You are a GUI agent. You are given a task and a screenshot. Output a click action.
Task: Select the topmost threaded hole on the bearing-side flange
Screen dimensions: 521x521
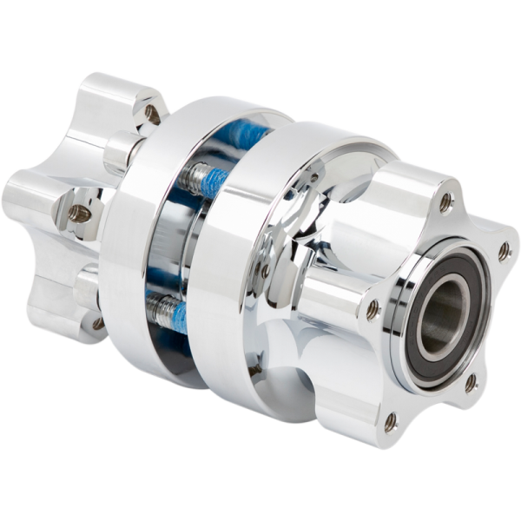[445, 203]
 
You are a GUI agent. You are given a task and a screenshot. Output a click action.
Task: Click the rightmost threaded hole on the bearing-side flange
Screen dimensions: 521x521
[504, 253]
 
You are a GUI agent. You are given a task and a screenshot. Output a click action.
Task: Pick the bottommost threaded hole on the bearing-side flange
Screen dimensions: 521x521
[390, 421]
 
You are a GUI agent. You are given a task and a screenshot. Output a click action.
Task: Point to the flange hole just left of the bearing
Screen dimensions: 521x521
[373, 307]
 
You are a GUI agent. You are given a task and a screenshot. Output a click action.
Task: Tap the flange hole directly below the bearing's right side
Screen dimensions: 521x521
[470, 382]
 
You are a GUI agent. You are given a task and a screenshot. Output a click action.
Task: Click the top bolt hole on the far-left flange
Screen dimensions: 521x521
[152, 112]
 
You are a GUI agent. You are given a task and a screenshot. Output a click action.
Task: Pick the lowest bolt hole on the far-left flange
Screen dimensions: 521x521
[98, 323]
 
